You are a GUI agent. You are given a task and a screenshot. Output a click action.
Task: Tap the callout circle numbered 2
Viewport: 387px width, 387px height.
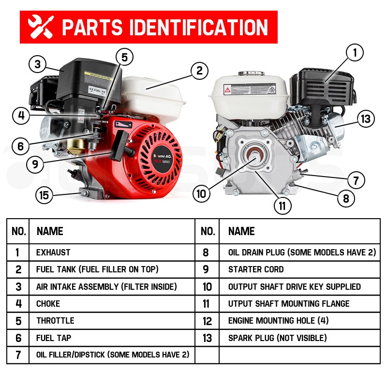pyautogui.click(x=199, y=71)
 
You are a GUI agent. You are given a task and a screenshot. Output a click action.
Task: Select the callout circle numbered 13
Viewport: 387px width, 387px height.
pyautogui.click(x=366, y=118)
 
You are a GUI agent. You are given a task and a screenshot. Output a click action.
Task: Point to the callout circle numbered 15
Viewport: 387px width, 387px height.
pyautogui.click(x=45, y=195)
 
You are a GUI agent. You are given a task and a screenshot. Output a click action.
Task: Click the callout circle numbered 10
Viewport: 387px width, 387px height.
pyautogui.click(x=202, y=194)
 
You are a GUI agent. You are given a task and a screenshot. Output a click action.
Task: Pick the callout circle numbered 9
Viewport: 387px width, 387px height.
pyautogui.click(x=35, y=164)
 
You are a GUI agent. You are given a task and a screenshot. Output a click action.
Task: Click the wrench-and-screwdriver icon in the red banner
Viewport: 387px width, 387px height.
pyautogui.click(x=41, y=28)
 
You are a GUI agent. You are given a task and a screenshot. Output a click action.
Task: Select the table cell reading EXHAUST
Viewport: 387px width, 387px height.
pyautogui.click(x=53, y=253)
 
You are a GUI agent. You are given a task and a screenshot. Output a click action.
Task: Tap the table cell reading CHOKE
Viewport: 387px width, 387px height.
pyautogui.click(x=48, y=304)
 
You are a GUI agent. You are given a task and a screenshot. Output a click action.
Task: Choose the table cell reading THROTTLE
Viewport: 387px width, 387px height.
pyautogui.click(x=55, y=321)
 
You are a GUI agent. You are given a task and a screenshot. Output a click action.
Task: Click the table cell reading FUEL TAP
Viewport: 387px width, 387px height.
pyautogui.click(x=53, y=338)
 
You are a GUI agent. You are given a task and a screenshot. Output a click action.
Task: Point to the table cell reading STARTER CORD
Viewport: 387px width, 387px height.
pyautogui.click(x=256, y=269)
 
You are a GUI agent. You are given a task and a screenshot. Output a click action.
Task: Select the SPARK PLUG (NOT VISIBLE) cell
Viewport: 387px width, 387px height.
pyautogui.click(x=277, y=338)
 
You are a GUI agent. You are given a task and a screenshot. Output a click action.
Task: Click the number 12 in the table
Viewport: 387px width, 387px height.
pyautogui.click(x=207, y=321)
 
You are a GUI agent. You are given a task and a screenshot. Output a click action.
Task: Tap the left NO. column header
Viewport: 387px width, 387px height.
pyautogui.click(x=18, y=231)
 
